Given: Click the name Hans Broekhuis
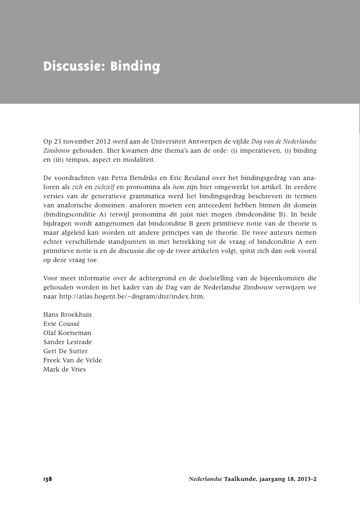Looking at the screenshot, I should click(x=67, y=315).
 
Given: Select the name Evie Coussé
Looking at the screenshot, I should click(x=61, y=324).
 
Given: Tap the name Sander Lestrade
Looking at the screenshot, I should click(x=67, y=342).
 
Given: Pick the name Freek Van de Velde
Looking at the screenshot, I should click(x=72, y=360).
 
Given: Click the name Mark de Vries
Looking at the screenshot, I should click(x=64, y=369).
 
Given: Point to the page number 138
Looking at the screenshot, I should click(x=47, y=479).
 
